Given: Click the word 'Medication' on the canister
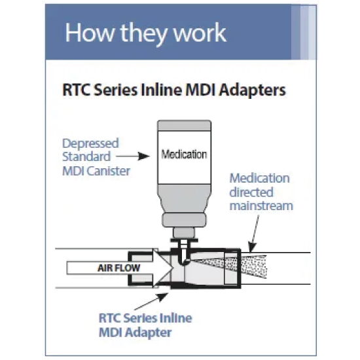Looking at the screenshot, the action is click(x=184, y=154).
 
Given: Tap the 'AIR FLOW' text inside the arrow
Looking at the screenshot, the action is click(x=118, y=268).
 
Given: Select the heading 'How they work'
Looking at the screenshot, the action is click(x=146, y=33).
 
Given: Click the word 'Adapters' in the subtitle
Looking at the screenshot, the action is click(x=252, y=90).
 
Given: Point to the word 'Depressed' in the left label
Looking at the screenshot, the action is click(x=90, y=144).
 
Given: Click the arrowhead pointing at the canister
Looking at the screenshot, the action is click(x=144, y=156).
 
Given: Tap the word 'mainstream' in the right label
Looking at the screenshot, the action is click(x=261, y=206).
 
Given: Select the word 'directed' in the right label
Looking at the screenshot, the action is click(x=251, y=192).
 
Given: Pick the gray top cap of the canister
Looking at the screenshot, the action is click(x=185, y=126).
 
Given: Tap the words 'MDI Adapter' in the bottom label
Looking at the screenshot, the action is click(x=135, y=333).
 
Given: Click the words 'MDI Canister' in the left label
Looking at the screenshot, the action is click(x=96, y=171).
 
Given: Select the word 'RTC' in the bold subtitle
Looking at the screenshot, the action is click(x=77, y=90).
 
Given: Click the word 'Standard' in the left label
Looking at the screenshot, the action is click(x=86, y=157).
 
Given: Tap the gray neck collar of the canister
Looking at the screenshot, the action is click(x=184, y=220).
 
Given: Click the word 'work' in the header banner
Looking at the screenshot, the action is click(x=200, y=33).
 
